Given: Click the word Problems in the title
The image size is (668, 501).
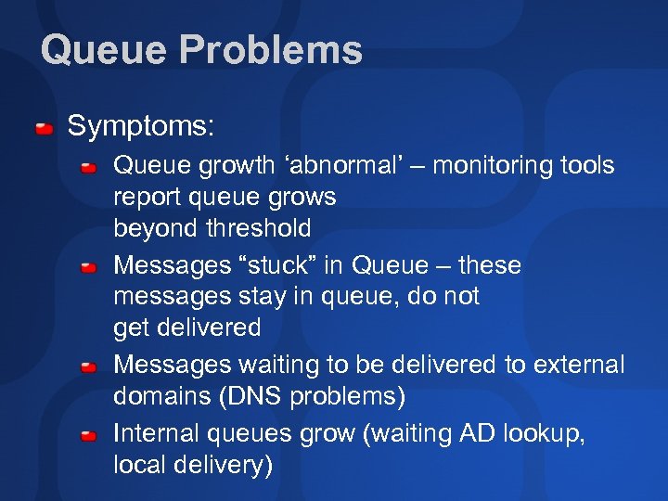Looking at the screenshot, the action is [272, 49].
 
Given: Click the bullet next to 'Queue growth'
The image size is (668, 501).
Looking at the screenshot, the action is [88, 168].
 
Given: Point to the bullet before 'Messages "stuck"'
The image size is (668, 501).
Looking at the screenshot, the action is [88, 268].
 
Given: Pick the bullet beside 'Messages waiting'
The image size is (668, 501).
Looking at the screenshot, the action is [88, 368].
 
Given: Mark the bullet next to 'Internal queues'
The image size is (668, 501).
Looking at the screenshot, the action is [88, 435].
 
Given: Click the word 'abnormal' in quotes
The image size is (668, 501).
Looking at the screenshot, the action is [342, 166].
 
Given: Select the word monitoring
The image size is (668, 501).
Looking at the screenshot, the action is [490, 166].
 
